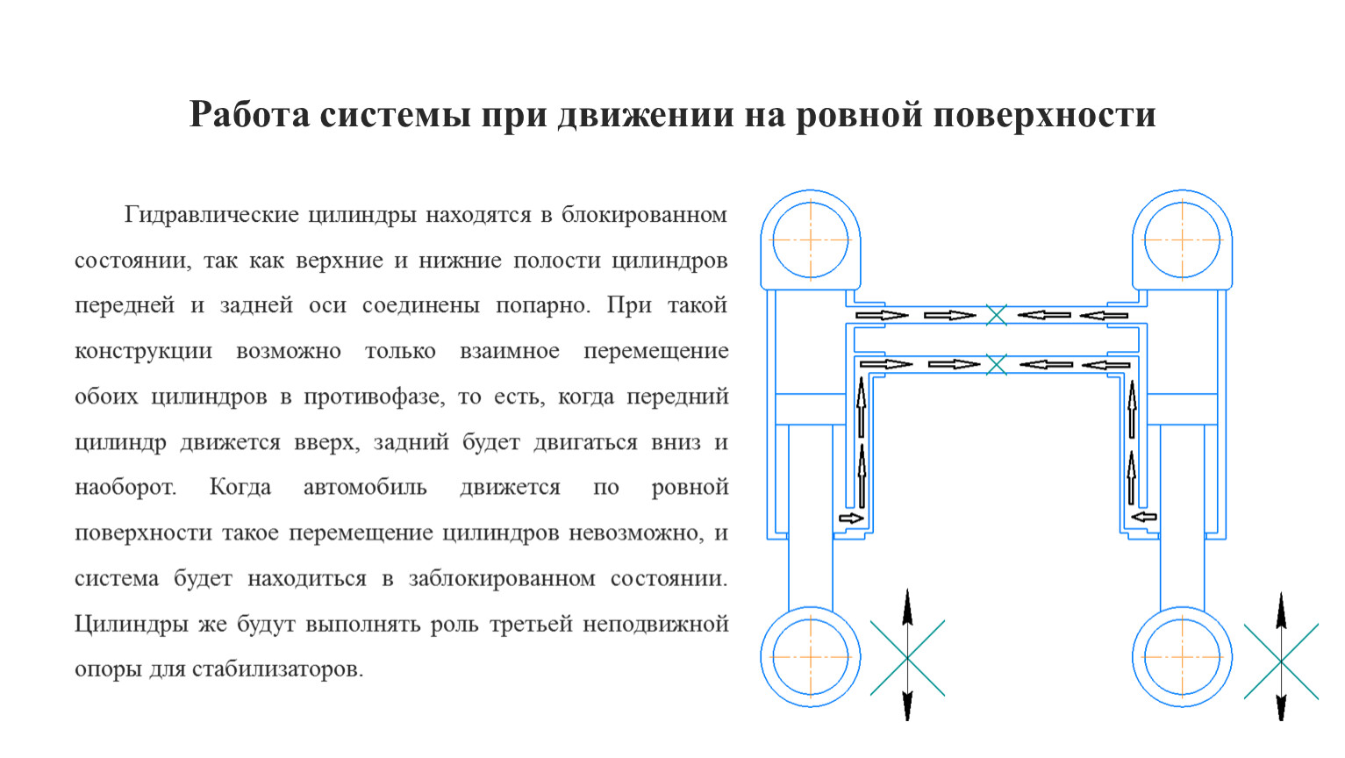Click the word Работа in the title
click(x=249, y=114)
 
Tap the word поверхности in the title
click(x=1044, y=115)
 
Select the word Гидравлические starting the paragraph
click(x=211, y=215)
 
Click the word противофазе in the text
click(x=374, y=397)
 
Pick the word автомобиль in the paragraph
click(x=365, y=487)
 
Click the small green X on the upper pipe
click(x=996, y=315)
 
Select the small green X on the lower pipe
click(x=996, y=364)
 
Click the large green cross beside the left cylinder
click(x=907, y=658)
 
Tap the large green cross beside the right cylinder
click(x=1281, y=661)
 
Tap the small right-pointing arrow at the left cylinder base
click(x=851, y=518)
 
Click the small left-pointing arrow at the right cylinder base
click(x=1144, y=517)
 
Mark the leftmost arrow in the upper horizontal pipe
click(x=882, y=315)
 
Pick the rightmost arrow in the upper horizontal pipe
click(x=1104, y=315)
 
